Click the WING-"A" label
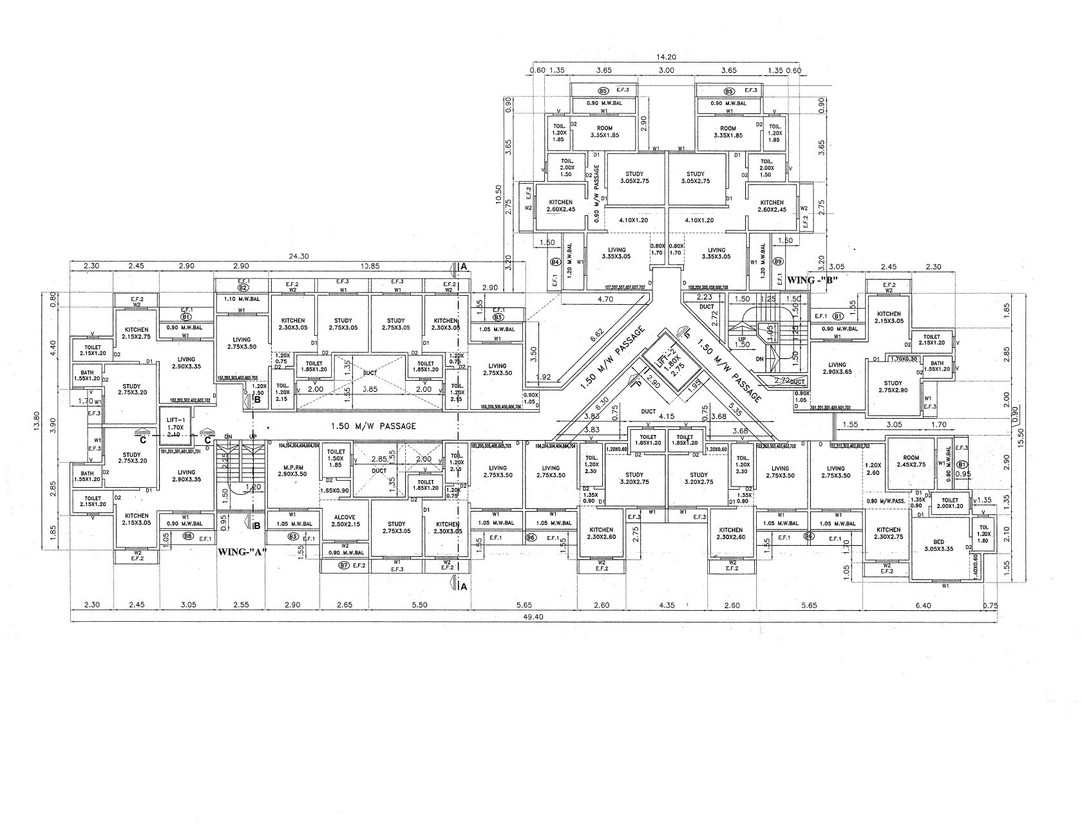(x=242, y=552)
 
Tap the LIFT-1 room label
(x=176, y=423)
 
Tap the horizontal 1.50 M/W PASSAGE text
(x=373, y=426)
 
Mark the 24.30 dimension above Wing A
(x=299, y=256)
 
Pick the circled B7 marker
(x=343, y=566)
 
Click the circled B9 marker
(x=777, y=262)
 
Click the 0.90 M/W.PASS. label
(x=886, y=501)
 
